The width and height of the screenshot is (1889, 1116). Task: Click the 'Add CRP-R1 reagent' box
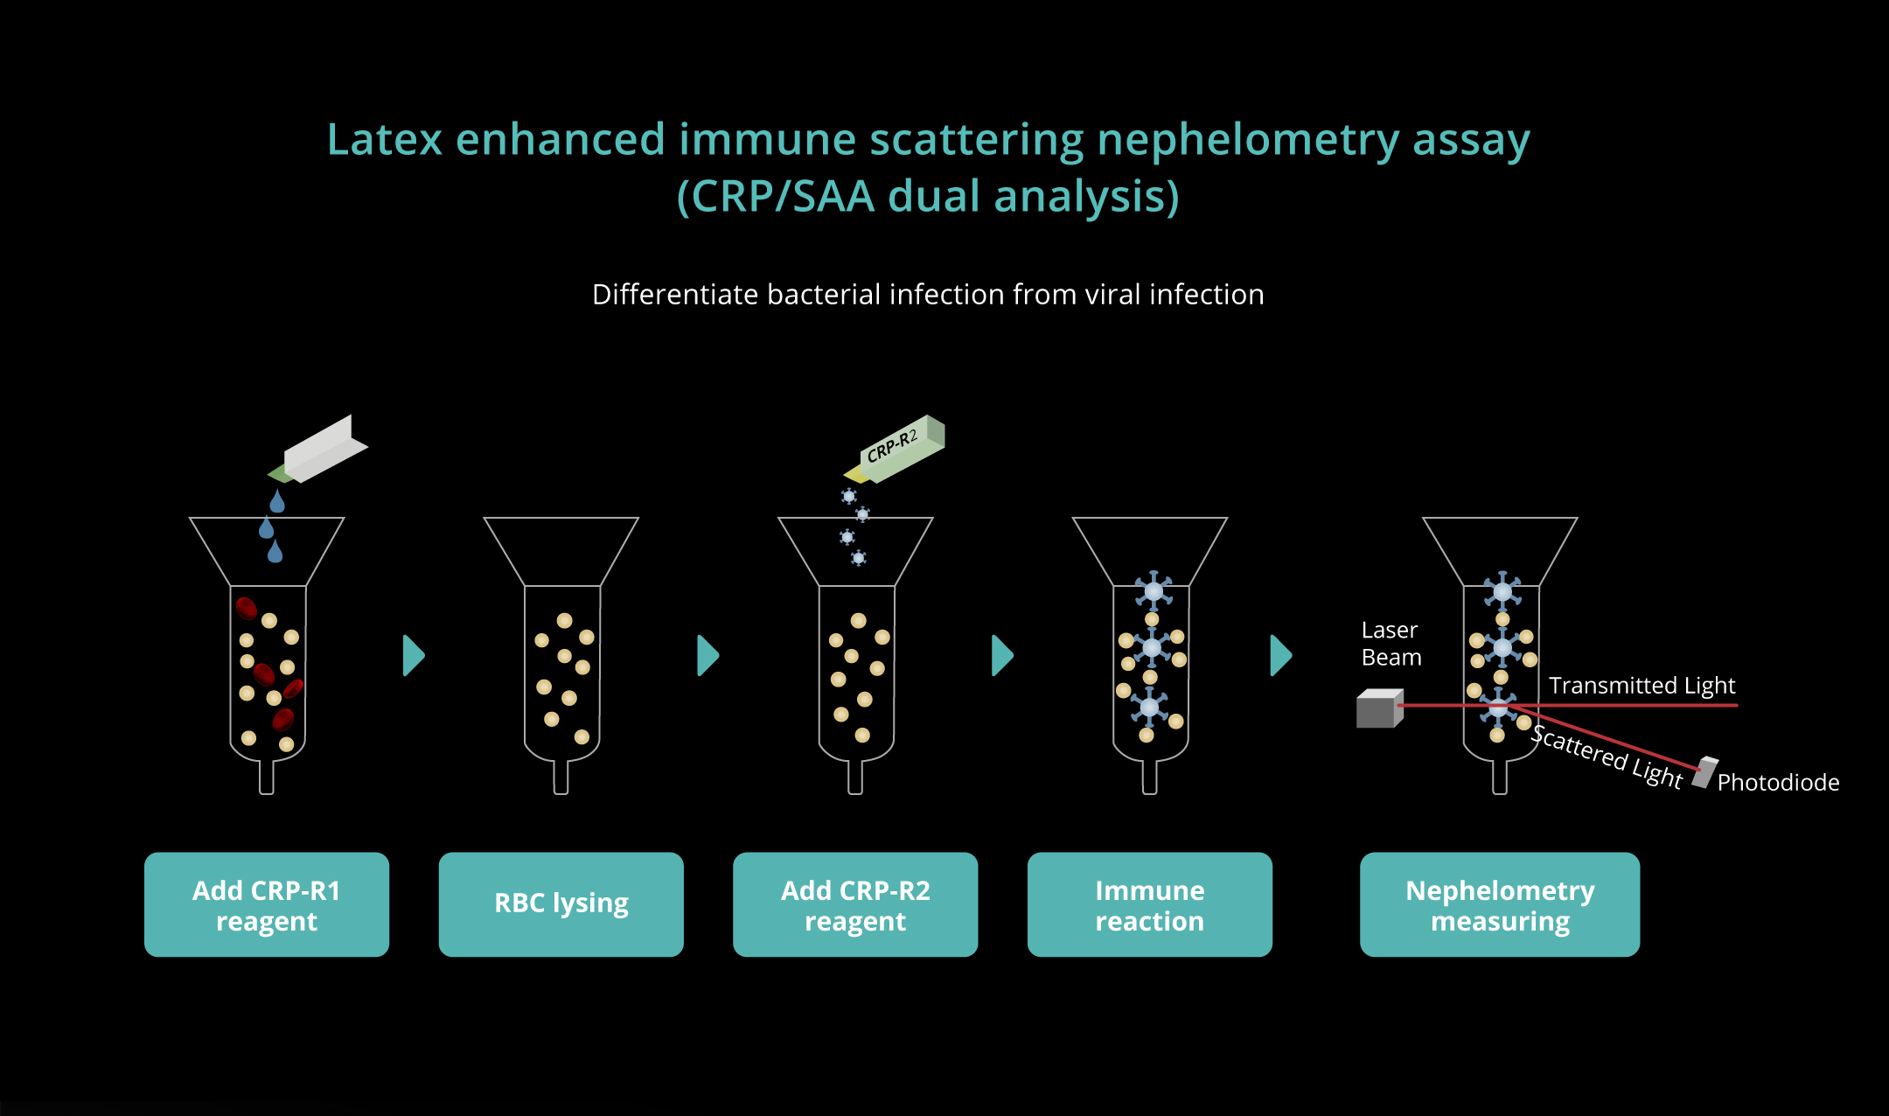(x=267, y=904)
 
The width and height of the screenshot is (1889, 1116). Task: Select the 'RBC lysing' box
(x=561, y=904)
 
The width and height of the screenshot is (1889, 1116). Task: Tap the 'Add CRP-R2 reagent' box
(x=855, y=904)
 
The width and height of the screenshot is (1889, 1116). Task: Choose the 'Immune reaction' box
(x=1150, y=904)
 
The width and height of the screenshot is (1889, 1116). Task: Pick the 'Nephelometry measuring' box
(x=1500, y=904)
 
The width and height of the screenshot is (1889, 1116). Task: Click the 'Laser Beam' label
(x=1391, y=644)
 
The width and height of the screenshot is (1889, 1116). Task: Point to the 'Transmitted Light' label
(x=1642, y=685)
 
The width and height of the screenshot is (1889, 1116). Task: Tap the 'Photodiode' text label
(x=1778, y=782)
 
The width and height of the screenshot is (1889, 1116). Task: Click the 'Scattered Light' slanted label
(x=1607, y=757)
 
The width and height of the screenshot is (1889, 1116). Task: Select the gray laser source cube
(x=1380, y=708)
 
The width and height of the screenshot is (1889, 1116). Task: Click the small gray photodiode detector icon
(x=1705, y=773)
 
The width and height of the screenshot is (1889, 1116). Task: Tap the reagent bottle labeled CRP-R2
(x=895, y=449)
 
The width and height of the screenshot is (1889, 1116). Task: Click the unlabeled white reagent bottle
(x=318, y=449)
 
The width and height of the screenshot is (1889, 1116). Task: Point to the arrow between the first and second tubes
(x=414, y=655)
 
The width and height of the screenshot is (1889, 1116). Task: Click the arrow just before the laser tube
(x=1281, y=655)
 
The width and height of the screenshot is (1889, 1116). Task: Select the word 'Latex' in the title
(x=384, y=140)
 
